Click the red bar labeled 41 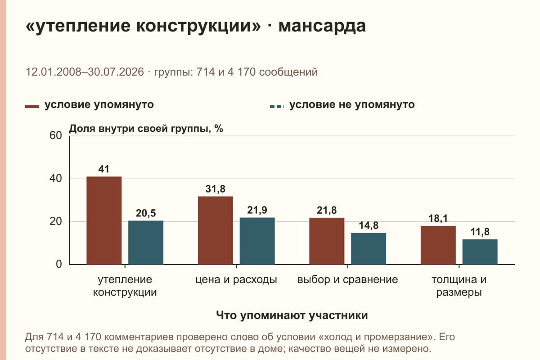[104, 220]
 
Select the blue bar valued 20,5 [146, 243]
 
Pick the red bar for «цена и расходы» [215, 230]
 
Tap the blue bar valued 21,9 [257, 241]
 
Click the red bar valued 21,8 [327, 241]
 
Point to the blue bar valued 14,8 [369, 248]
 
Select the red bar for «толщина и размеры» [438, 245]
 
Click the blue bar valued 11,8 [480, 252]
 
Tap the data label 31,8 [215, 189]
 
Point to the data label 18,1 [438, 218]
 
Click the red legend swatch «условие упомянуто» [32, 107]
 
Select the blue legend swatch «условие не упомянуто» [277, 107]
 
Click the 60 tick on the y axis [56, 135]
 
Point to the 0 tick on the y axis [59, 264]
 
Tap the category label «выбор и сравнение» [347, 280]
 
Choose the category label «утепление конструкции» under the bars [125, 286]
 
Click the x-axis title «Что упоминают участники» [292, 315]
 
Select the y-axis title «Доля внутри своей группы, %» [146, 129]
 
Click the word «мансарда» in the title [322, 26]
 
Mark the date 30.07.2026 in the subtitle [116, 72]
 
